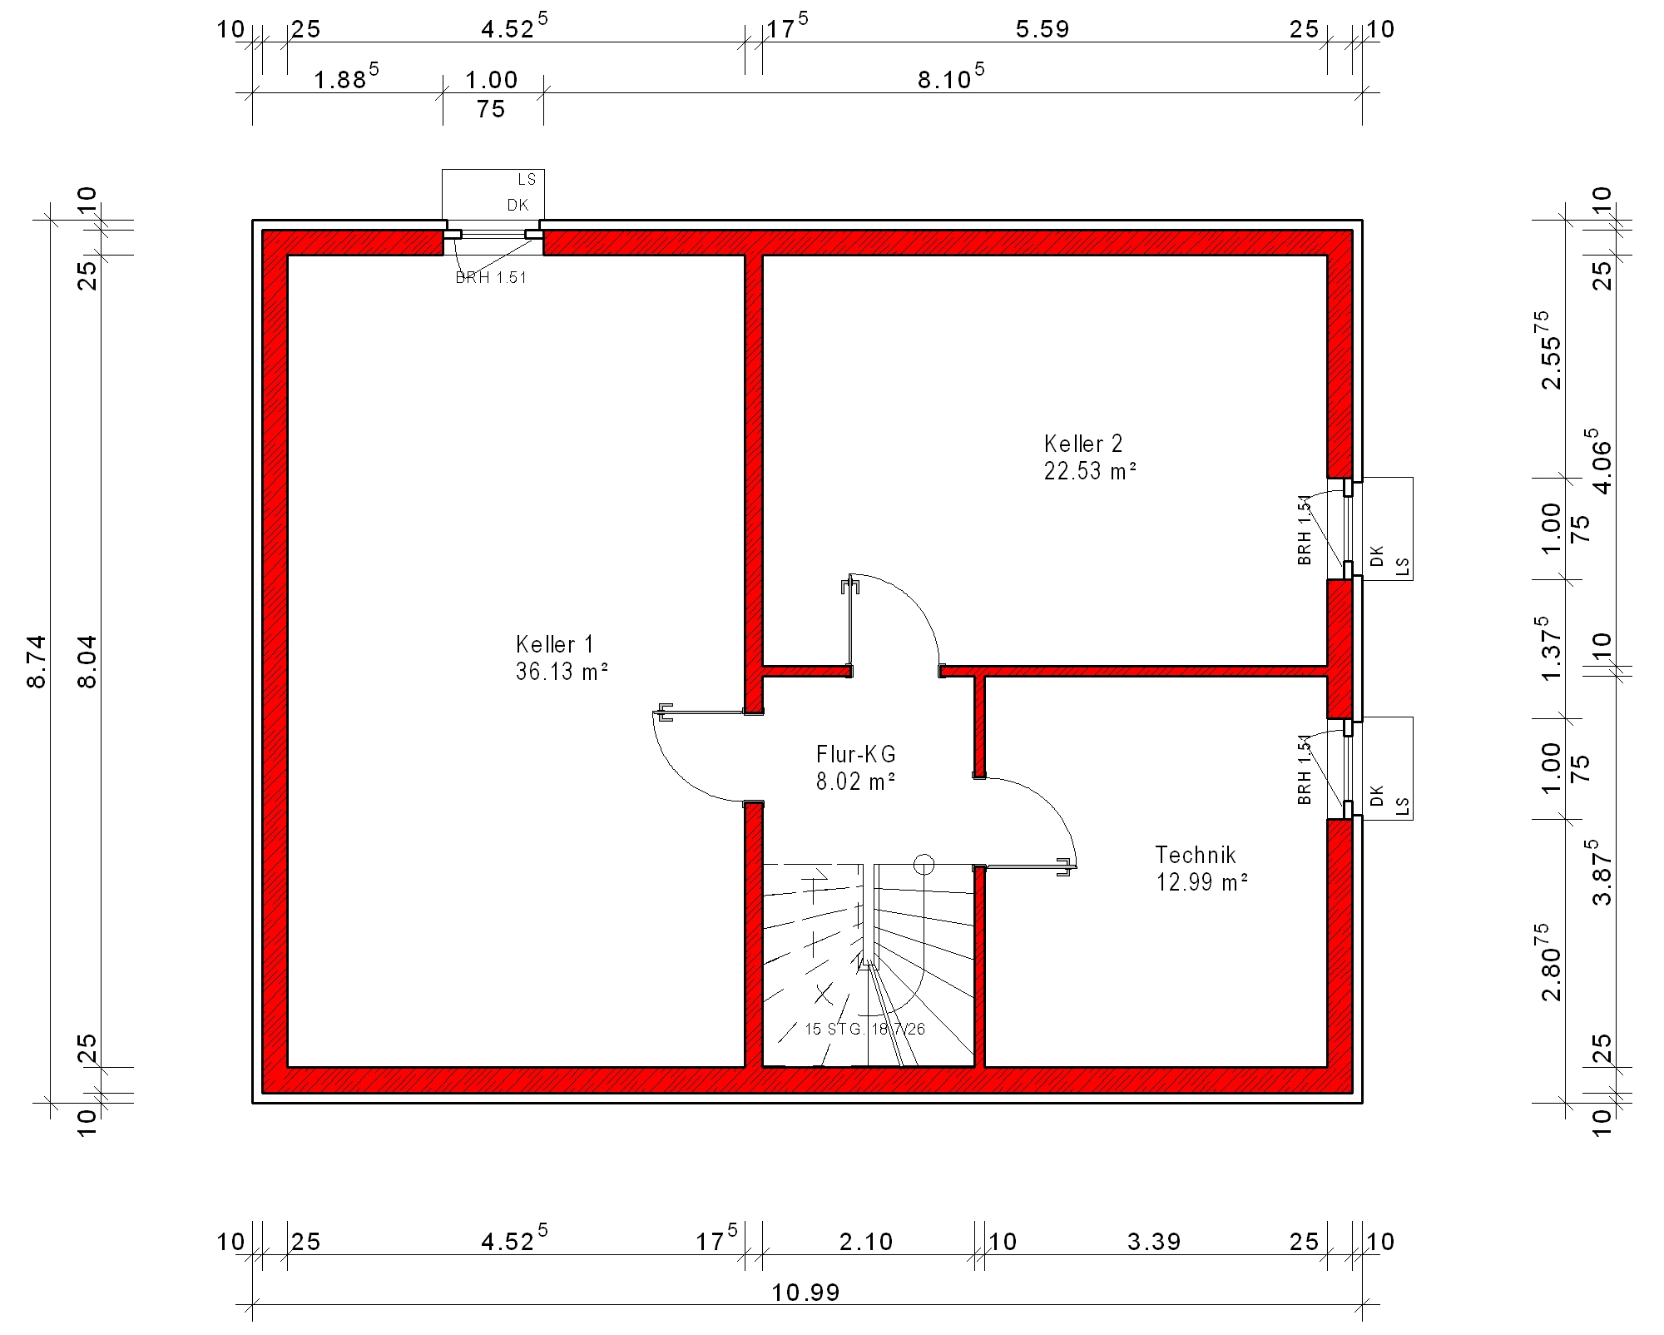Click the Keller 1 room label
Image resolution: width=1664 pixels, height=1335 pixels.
pos(555,644)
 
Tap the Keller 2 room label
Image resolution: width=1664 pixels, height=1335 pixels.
pos(1083,444)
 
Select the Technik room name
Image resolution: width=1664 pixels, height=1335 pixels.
pos(1196,855)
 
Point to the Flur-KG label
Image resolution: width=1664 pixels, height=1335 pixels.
pos(856,754)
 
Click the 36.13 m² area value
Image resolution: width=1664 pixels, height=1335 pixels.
pos(562,672)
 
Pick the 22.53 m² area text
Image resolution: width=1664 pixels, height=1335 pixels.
pos(1091,471)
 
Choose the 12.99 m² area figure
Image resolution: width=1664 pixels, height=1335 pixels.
pos(1202,882)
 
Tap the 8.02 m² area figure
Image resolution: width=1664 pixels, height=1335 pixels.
pos(856,782)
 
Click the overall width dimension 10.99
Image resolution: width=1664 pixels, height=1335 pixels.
pos(805,1293)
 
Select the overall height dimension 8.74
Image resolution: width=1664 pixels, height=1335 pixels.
pos(37,662)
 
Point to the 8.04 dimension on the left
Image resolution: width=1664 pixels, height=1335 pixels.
pos(87,662)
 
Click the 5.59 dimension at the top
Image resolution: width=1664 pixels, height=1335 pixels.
pos(1042,29)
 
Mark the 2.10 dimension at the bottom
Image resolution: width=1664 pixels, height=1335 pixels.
pos(866,1242)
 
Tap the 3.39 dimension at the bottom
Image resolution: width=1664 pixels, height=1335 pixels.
pos(1154,1242)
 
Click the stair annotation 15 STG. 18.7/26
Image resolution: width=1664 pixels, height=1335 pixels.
pos(864,1029)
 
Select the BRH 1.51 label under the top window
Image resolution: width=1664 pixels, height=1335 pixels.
pos(491,278)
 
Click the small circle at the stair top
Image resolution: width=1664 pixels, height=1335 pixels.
pos(924,865)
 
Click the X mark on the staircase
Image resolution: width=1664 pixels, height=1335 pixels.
pos(824,993)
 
